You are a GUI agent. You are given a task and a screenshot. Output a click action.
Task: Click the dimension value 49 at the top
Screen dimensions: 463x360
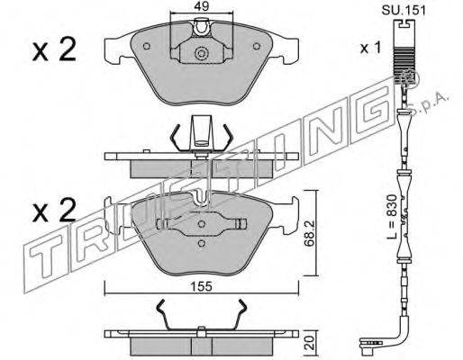pos(201,6)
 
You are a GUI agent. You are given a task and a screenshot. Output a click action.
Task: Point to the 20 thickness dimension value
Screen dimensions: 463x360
pos(310,343)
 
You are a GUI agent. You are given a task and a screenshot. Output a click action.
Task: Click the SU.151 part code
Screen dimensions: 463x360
pos(404,11)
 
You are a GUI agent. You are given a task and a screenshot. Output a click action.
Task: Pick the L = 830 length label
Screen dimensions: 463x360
pos(392,217)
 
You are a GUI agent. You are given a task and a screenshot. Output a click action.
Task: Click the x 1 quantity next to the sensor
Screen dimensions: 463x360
pos(370,48)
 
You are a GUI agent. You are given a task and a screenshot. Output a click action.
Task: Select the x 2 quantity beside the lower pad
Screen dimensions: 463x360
pos(54,210)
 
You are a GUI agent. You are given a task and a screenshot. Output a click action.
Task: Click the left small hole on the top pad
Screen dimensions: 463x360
pos(147,46)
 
